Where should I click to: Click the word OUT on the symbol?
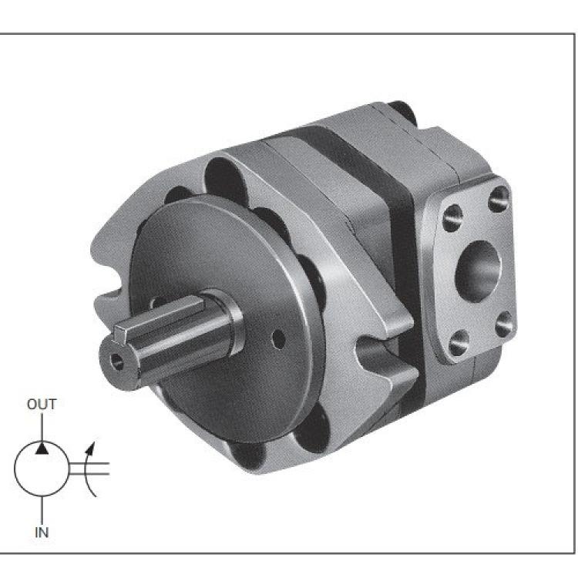(42, 405)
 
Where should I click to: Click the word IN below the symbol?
(42, 533)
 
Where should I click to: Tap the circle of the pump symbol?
(15, 468)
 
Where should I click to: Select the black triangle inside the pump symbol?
(42, 449)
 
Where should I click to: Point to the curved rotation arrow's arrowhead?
(91, 447)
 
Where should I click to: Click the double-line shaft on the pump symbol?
(89, 468)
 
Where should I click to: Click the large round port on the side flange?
(478, 271)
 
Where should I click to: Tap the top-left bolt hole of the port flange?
(452, 217)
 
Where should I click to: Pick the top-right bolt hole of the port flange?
(499, 199)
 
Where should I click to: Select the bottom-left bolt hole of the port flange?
(459, 343)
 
